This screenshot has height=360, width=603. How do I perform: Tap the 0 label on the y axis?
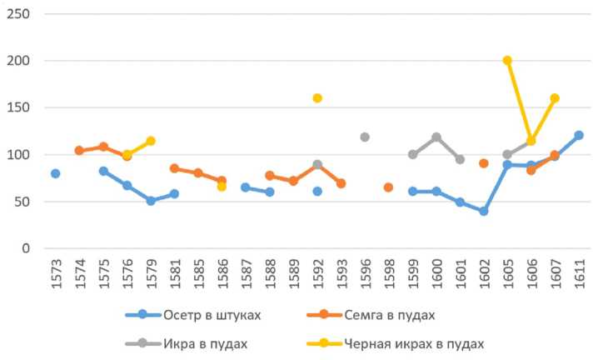(x=27, y=248)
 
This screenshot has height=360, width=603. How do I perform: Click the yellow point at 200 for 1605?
(x=507, y=61)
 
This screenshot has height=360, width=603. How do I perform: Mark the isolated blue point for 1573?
(x=56, y=173)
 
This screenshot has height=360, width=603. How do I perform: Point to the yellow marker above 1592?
(x=317, y=98)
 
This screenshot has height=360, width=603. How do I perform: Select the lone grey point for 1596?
(x=365, y=137)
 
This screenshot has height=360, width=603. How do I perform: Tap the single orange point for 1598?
(x=388, y=187)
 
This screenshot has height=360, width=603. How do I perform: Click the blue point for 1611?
(x=579, y=135)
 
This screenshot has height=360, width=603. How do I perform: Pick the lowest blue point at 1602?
(x=483, y=211)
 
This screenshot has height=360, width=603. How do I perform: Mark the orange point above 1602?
(x=483, y=163)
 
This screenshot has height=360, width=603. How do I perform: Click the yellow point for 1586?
(x=222, y=187)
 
